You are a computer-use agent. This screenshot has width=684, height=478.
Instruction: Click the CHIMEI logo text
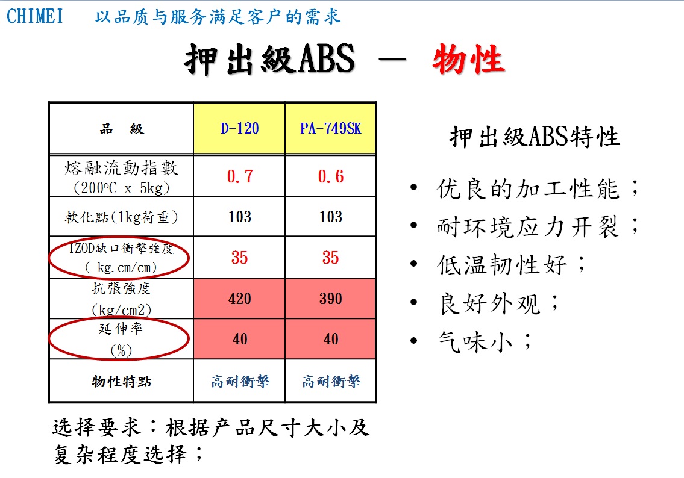(x=34, y=17)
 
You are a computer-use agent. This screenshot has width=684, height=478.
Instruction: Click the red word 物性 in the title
(x=468, y=59)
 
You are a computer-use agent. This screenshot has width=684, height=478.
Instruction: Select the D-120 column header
(x=239, y=129)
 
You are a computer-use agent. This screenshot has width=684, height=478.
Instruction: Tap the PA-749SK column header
(x=331, y=129)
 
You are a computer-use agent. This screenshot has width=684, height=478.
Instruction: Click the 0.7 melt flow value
(x=239, y=176)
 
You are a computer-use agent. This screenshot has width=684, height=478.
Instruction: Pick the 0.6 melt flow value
(x=331, y=176)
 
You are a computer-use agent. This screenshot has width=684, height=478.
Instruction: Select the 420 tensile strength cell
(x=239, y=299)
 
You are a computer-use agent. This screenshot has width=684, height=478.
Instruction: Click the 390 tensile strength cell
(x=331, y=299)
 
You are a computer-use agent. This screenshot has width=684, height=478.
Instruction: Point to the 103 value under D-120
(x=239, y=217)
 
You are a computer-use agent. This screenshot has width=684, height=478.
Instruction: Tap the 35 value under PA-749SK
(x=331, y=258)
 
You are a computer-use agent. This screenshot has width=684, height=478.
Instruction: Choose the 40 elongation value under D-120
(x=239, y=339)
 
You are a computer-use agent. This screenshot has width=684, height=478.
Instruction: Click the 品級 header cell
(x=122, y=129)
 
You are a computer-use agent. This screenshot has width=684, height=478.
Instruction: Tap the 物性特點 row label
(x=121, y=381)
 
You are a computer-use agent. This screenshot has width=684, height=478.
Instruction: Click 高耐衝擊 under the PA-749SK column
(x=331, y=381)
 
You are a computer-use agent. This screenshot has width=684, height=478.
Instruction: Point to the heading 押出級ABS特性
(x=535, y=137)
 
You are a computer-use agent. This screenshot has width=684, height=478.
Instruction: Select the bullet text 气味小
(x=475, y=341)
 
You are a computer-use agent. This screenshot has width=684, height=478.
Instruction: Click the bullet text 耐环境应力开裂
(x=528, y=226)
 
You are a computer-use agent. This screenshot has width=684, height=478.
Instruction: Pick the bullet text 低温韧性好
(x=502, y=264)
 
